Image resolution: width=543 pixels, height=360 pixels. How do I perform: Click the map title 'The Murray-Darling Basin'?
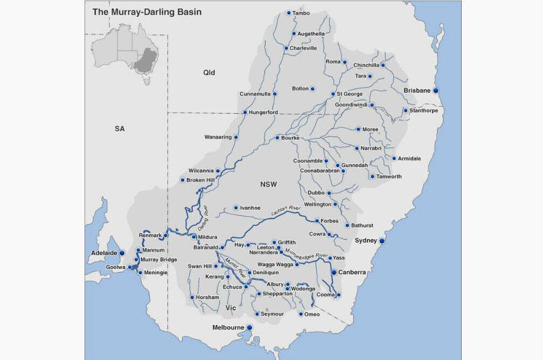[147, 11]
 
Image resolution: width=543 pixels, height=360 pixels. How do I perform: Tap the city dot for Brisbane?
[436, 91]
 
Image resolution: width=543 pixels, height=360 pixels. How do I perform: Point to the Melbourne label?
[228, 328]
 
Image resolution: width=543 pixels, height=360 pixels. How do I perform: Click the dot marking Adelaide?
[122, 252]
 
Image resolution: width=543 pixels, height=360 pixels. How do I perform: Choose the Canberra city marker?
[333, 272]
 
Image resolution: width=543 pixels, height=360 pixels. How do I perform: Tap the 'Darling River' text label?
[203, 214]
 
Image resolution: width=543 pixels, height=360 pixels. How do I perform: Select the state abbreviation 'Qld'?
[209, 72]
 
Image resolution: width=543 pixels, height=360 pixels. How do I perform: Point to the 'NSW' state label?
[268, 184]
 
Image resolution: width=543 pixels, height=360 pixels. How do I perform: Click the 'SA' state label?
[120, 129]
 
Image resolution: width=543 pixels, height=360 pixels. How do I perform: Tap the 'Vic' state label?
[231, 308]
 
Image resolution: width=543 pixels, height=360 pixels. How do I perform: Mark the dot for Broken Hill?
[183, 180]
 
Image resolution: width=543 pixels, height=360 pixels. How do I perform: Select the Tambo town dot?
[289, 13]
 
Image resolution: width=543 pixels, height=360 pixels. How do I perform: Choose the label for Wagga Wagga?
[275, 265]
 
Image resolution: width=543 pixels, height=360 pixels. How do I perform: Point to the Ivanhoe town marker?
[235, 207]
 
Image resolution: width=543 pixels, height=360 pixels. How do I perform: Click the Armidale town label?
[409, 158]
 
